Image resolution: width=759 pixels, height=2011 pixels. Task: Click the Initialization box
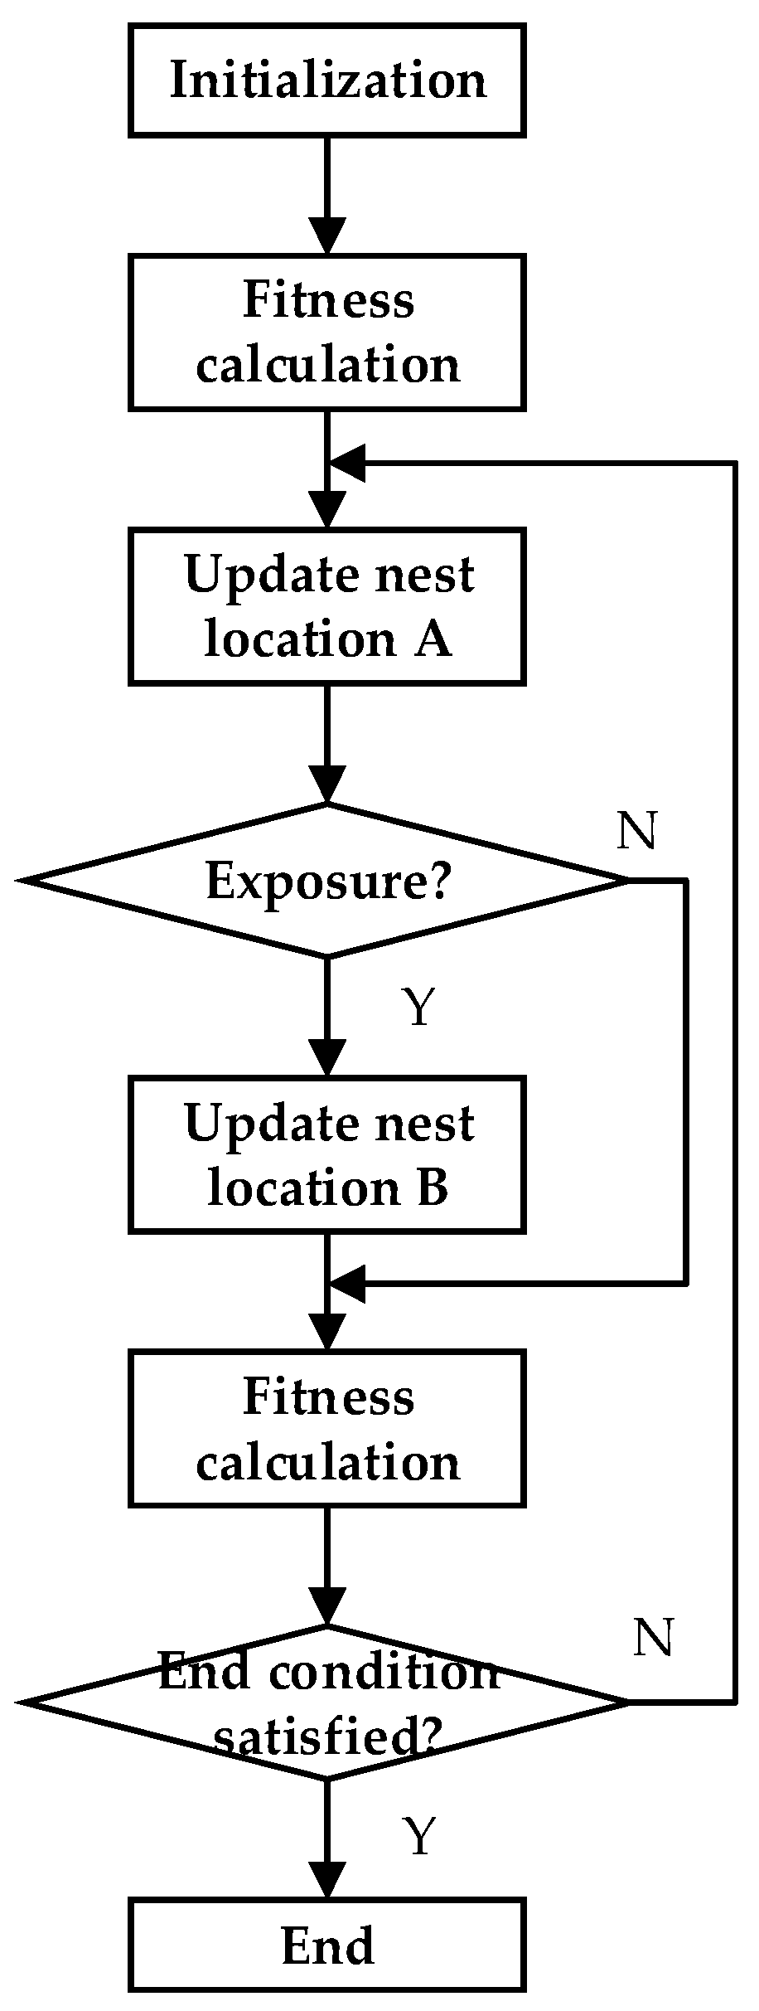(x=327, y=80)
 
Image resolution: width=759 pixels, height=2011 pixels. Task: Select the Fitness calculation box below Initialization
(x=327, y=333)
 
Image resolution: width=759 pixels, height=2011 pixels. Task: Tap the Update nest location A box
(x=327, y=606)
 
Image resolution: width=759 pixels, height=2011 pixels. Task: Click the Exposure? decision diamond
(x=327, y=881)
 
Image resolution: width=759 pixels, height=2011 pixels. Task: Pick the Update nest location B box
(x=327, y=1154)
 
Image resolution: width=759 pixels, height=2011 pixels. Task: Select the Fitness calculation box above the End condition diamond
(x=327, y=1429)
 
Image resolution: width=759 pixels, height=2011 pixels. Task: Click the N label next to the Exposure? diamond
(x=636, y=831)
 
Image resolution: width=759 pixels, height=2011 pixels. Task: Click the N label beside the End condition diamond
(x=653, y=1638)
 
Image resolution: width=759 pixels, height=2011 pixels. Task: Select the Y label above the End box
(x=419, y=1836)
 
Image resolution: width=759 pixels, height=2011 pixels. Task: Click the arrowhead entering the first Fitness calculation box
(x=327, y=237)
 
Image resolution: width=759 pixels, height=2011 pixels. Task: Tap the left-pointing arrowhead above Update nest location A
(x=348, y=462)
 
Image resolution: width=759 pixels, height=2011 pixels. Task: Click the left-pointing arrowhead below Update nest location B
(x=348, y=1283)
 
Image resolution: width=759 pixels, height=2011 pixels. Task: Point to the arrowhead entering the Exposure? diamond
(x=327, y=785)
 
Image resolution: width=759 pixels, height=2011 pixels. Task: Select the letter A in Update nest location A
(x=433, y=640)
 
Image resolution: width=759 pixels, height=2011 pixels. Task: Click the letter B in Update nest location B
(x=432, y=1188)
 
